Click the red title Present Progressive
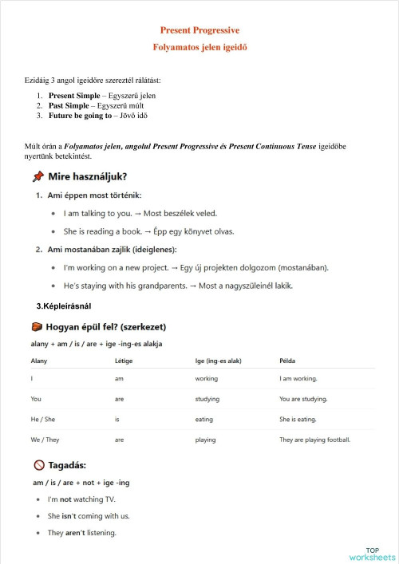point(199,30)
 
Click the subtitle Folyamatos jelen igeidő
point(199,47)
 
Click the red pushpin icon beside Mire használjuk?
point(38,176)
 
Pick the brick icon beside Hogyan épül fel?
point(37,327)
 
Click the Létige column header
point(124,361)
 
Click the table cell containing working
point(206,379)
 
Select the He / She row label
point(44,419)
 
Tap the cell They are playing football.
point(315,440)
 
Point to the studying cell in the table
point(207,399)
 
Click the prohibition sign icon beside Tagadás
point(38,465)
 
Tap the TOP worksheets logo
point(372,554)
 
